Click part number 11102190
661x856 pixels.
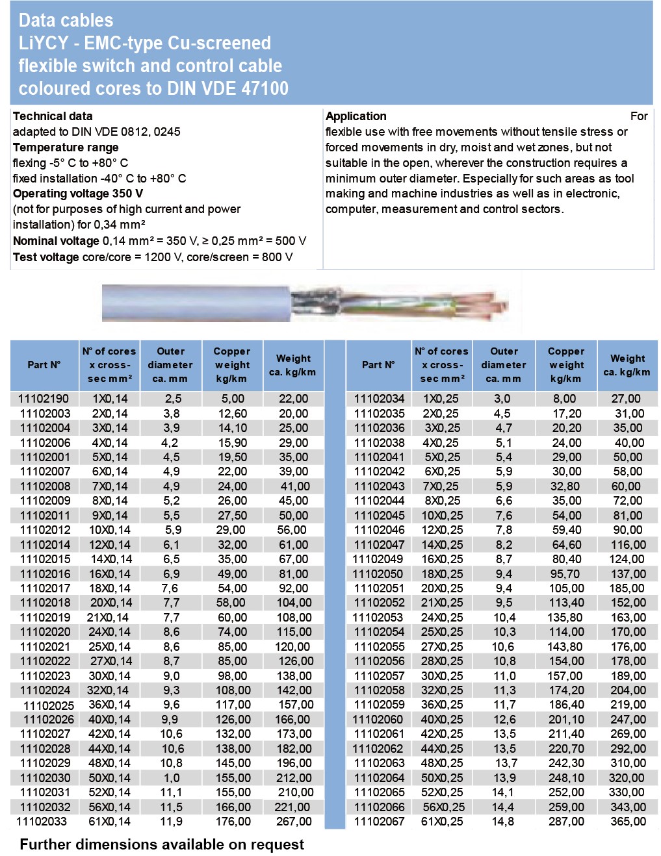(x=44, y=399)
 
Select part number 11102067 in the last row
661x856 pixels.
(x=379, y=822)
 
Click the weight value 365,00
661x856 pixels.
(x=628, y=822)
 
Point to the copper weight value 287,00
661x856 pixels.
(x=566, y=822)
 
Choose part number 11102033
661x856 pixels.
(x=42, y=822)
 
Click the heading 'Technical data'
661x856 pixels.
(x=53, y=116)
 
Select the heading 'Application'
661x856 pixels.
(x=356, y=116)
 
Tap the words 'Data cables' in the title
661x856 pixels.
(x=66, y=21)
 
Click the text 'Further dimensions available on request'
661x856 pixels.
(x=162, y=844)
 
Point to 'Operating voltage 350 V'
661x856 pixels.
(x=78, y=194)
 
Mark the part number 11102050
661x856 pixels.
(x=378, y=574)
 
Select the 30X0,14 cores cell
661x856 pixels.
(x=109, y=676)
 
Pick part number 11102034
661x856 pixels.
(x=379, y=399)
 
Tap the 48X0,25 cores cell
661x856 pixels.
(x=442, y=763)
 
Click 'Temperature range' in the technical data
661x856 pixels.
(x=66, y=147)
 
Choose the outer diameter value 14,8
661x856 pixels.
(x=503, y=822)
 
